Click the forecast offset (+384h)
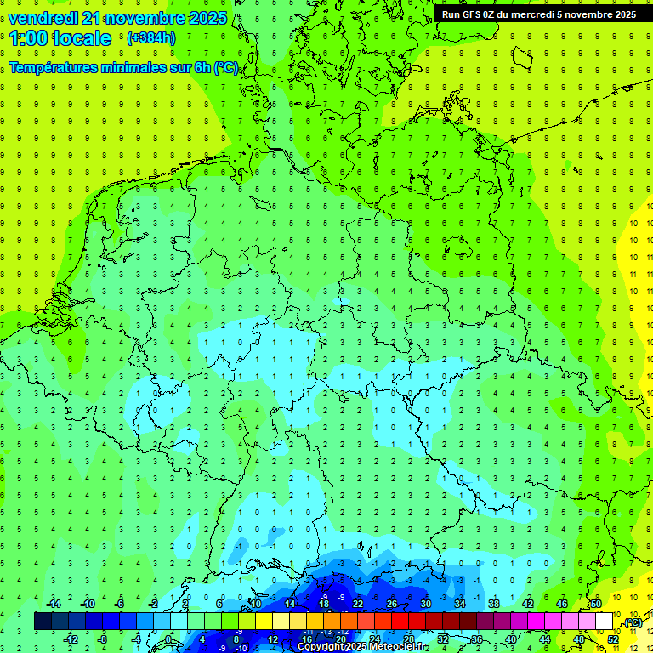(150, 38)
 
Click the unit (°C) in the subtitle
(225, 67)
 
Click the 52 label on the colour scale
(613, 639)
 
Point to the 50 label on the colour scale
(596, 604)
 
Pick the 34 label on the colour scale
(460, 604)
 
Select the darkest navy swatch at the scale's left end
(43, 622)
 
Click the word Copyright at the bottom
(321, 647)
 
